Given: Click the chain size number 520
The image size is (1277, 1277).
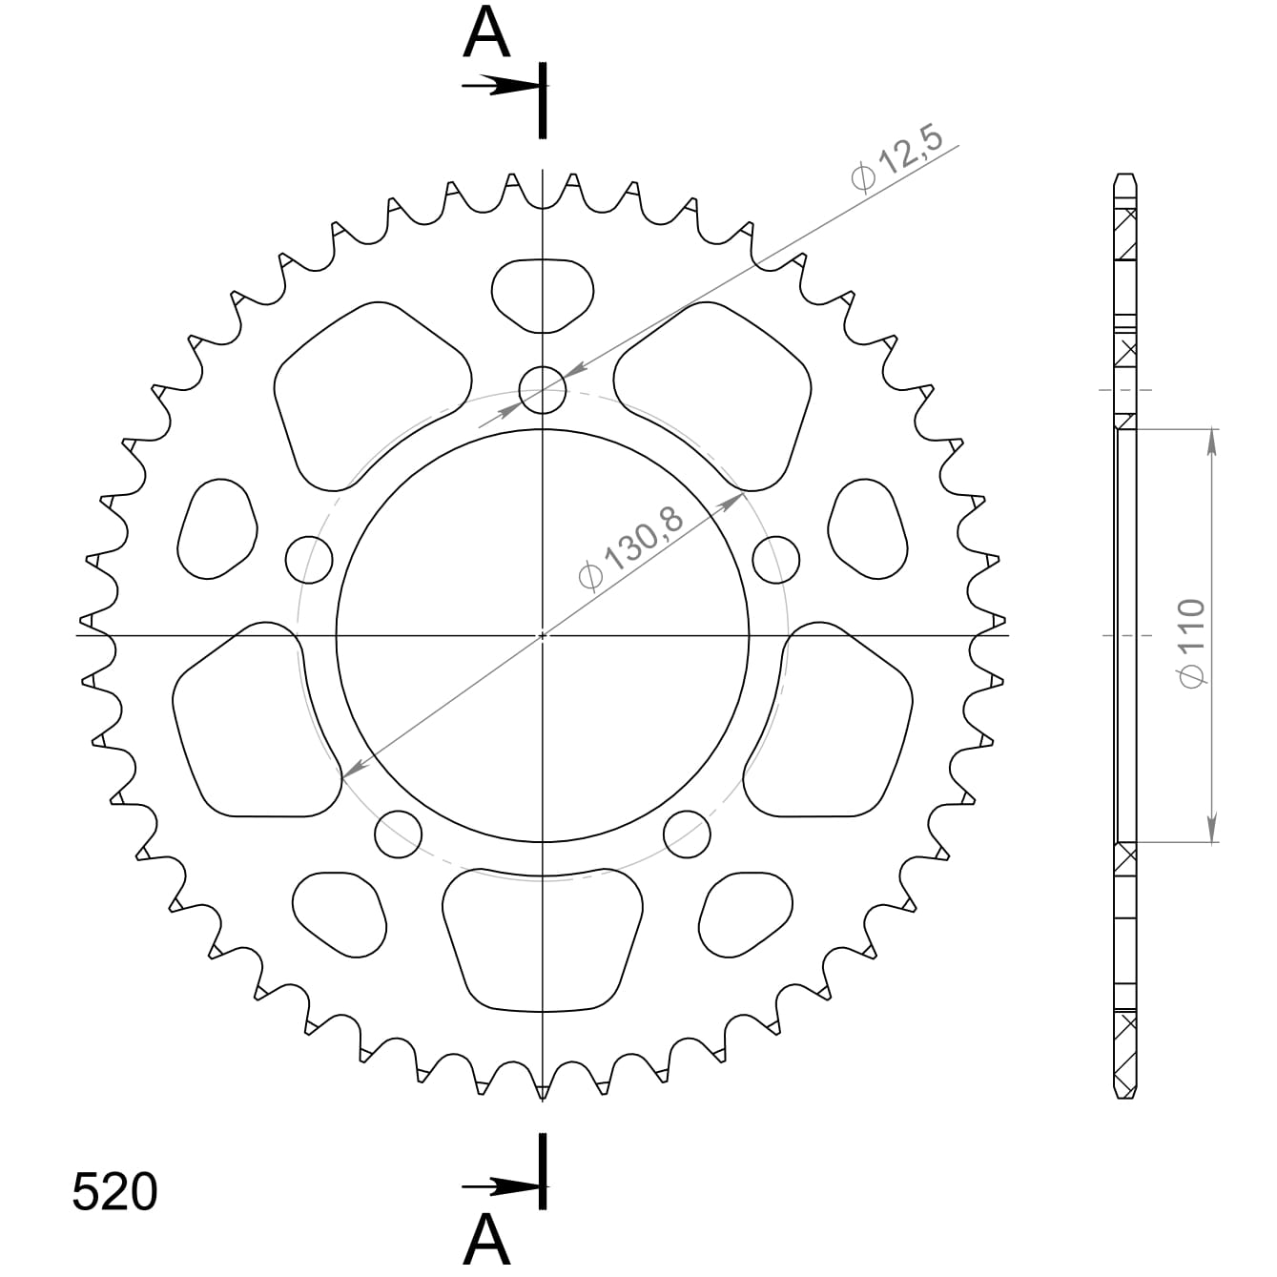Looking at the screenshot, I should (x=114, y=1192).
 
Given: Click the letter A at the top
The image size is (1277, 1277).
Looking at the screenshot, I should (x=487, y=35).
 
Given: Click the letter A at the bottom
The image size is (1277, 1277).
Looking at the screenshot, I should (x=487, y=1240).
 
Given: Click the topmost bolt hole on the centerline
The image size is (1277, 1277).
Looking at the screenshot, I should (x=543, y=389).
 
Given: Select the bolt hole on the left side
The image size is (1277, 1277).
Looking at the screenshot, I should (x=309, y=559).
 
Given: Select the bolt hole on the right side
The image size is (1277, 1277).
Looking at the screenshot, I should (x=775, y=559).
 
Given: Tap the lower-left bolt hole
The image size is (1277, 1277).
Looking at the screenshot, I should (x=399, y=834).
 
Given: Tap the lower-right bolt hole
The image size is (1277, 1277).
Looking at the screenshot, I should (x=688, y=834).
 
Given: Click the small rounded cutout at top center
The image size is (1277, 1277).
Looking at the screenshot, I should (x=543, y=294).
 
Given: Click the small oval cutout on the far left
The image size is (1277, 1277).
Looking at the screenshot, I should (x=217, y=529).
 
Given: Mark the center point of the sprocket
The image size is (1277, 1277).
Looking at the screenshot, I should (x=543, y=635).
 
